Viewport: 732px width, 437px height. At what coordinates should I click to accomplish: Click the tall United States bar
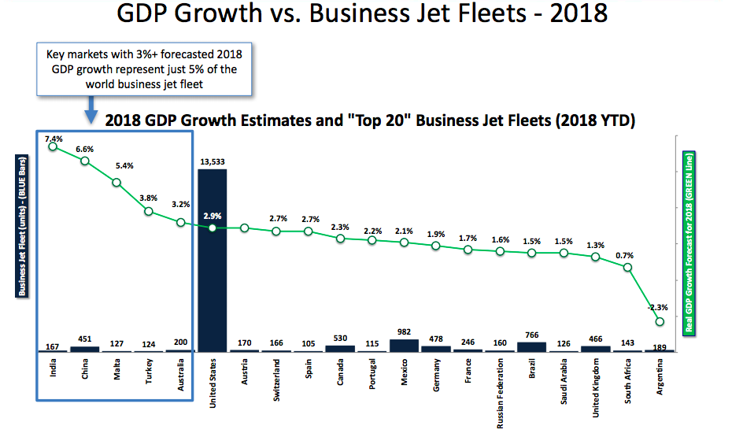tap(212, 260)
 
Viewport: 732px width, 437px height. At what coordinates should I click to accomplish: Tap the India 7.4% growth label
tap(54, 139)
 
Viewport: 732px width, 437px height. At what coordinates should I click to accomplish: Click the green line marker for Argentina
tap(660, 321)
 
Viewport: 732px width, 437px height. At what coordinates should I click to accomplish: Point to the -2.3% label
tap(659, 307)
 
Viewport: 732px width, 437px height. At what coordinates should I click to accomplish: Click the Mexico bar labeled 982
tap(404, 345)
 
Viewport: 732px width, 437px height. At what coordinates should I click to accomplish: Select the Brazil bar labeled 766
tap(531, 346)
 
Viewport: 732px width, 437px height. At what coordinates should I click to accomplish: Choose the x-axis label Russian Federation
tap(500, 393)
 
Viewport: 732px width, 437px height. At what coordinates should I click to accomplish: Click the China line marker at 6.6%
tap(85, 161)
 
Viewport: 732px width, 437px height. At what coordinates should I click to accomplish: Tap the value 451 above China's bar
tap(85, 340)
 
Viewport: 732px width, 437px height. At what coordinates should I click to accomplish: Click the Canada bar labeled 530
tap(340, 347)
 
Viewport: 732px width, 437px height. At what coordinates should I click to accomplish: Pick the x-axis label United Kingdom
tap(596, 387)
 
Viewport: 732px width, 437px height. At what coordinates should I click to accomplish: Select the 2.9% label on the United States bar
tap(213, 215)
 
